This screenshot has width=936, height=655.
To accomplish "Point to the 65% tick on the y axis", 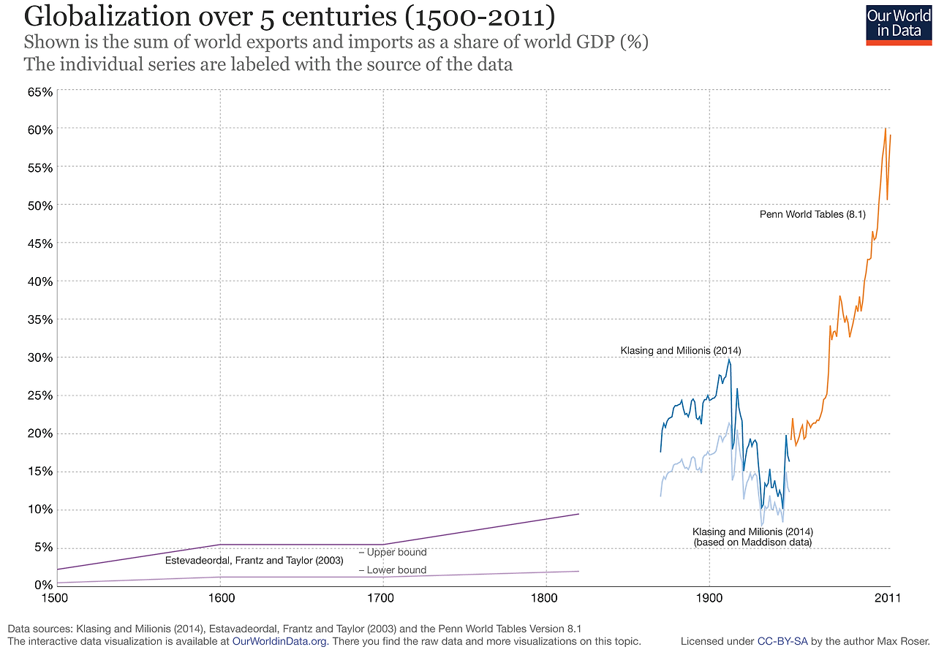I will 40,92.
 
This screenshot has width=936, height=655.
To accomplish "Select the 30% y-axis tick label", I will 40,357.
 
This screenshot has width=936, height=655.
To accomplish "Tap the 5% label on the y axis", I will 43,548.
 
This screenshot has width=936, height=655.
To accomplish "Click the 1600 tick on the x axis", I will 221,597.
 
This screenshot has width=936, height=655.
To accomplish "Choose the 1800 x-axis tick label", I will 546,597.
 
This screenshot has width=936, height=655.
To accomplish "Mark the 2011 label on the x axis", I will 887,597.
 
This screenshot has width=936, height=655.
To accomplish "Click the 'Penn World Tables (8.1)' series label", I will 812,215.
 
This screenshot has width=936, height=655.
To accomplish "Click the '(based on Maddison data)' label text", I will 752,542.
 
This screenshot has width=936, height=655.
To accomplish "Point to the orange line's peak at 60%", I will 886,129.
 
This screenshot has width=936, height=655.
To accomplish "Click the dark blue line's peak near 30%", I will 728,359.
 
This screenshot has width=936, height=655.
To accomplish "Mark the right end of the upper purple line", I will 578,514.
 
